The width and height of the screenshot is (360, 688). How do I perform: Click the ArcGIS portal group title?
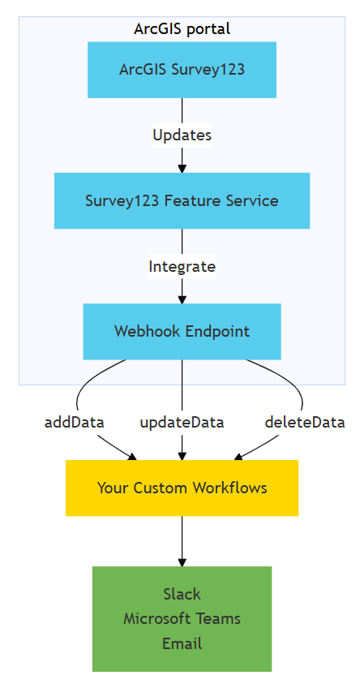(x=182, y=29)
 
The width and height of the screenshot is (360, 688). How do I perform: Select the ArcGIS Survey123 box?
(x=182, y=70)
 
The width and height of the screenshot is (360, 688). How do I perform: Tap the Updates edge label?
(x=182, y=135)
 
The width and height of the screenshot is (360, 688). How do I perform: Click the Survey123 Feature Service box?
(x=182, y=200)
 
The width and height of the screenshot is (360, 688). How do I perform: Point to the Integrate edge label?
(x=182, y=266)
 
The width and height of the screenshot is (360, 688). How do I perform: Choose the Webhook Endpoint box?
(x=182, y=331)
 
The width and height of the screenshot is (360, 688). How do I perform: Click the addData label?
(x=74, y=422)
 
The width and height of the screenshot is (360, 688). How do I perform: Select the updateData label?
(x=182, y=422)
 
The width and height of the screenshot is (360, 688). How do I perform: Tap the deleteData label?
(x=305, y=422)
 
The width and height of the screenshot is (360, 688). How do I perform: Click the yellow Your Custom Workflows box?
(x=182, y=488)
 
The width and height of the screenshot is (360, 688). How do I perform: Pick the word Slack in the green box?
(x=182, y=594)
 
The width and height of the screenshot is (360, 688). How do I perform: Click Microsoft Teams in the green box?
(x=182, y=618)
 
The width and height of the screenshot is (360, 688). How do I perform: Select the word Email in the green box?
(x=182, y=643)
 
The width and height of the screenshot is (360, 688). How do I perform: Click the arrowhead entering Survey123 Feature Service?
(x=182, y=168)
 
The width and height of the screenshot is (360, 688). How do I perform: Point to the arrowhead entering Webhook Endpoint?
(x=182, y=299)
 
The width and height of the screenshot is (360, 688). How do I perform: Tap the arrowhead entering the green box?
(x=182, y=561)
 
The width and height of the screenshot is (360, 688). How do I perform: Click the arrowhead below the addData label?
(x=131, y=456)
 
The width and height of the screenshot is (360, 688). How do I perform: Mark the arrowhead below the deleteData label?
(x=236, y=456)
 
